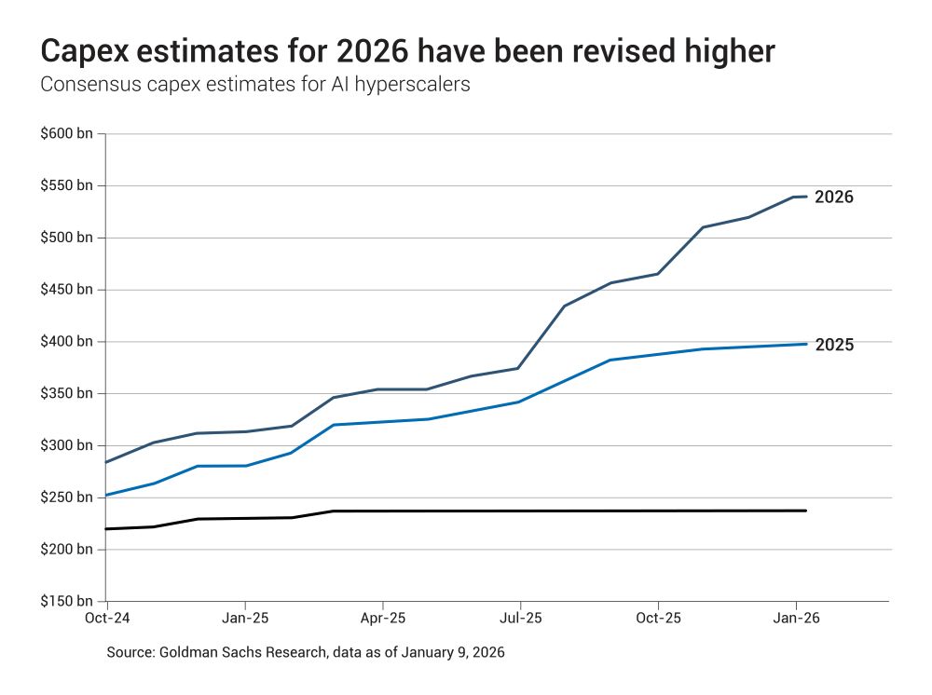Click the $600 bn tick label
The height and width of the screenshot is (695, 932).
pos(66,134)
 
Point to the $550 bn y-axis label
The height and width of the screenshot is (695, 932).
pos(66,186)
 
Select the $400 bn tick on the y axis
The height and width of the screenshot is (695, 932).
pos(66,342)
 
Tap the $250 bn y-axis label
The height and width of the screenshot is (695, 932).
pos(66,497)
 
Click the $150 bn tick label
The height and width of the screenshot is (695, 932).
pos(66,602)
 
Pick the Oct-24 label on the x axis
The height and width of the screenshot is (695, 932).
pos(107,618)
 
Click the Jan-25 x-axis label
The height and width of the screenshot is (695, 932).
pos(245,618)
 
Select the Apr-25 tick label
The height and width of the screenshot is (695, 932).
pos(382,618)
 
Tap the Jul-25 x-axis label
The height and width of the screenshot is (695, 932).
pos(520,618)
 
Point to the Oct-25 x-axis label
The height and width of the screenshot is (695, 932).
pos(658,618)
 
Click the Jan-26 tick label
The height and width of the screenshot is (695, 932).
pos(795,618)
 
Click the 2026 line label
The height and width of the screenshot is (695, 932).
pos(834,198)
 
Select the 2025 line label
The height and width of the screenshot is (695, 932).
pos(834,346)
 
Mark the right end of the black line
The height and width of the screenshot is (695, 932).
pos(806,511)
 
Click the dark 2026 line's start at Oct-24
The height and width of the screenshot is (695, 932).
pos(107,462)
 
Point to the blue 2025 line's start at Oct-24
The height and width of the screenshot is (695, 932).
pos(107,495)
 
